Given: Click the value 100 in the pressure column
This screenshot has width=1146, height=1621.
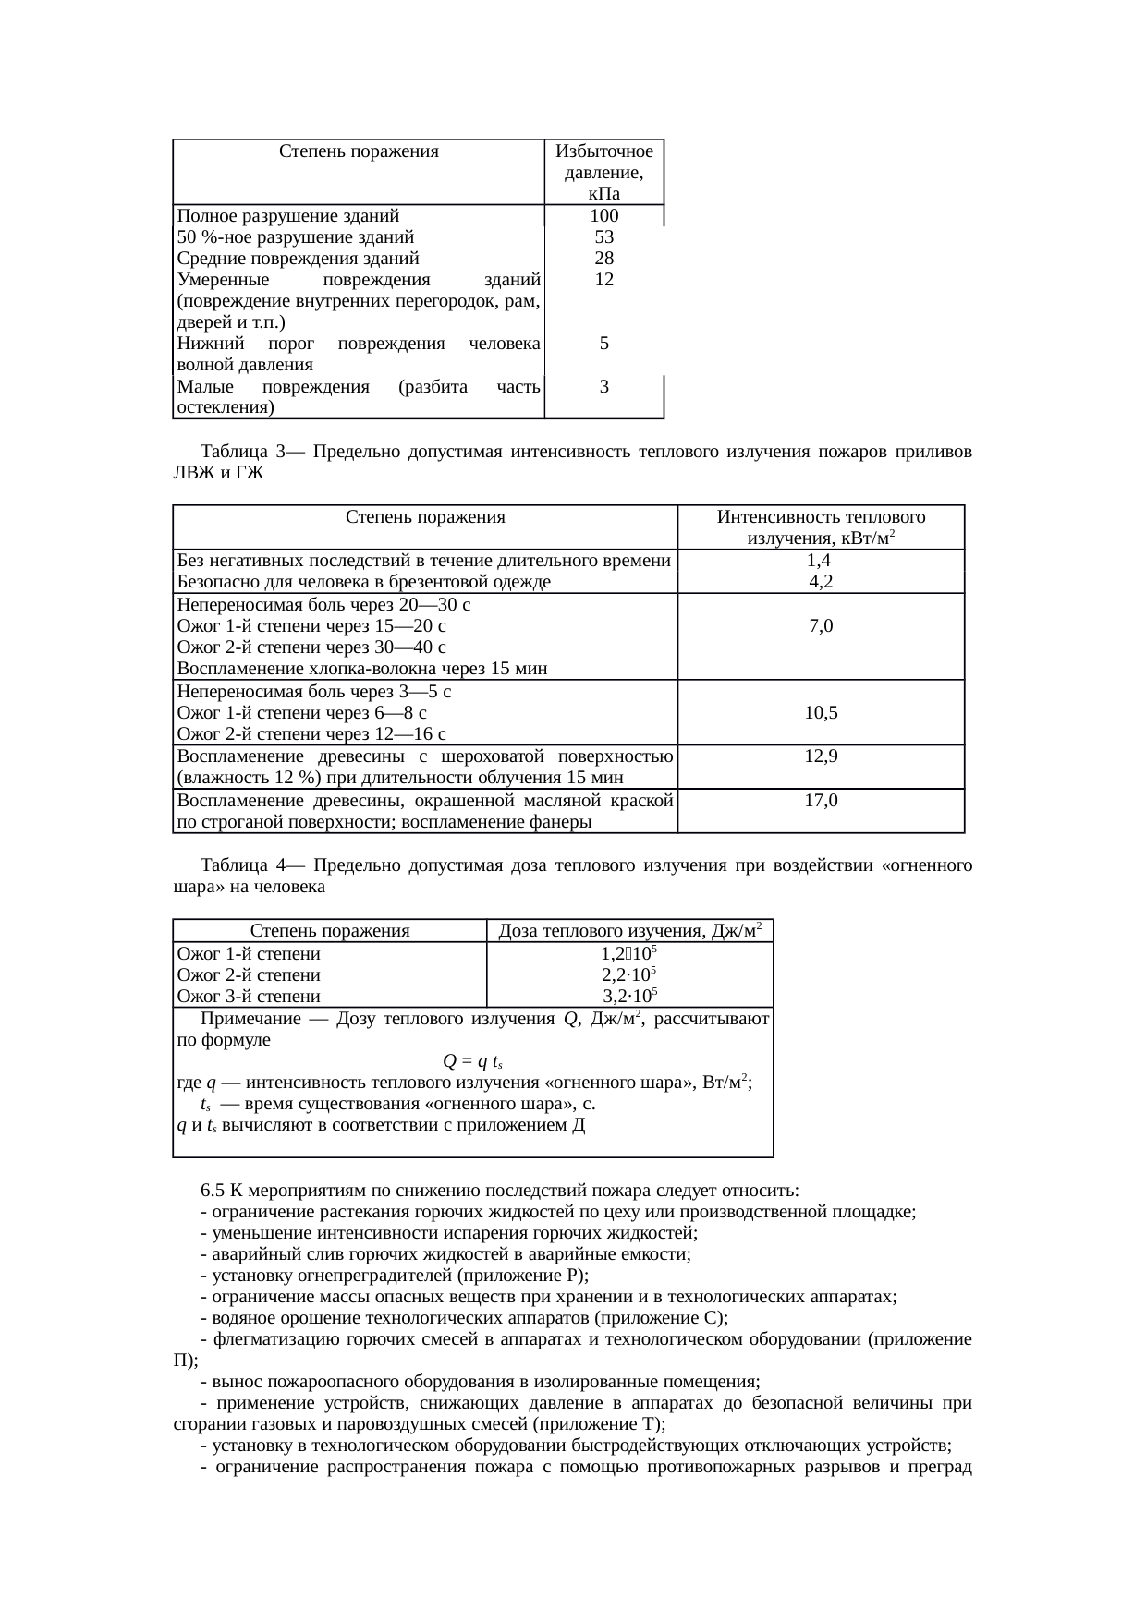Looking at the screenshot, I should tap(603, 216).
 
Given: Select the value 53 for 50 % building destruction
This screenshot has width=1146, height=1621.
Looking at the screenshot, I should tap(603, 237).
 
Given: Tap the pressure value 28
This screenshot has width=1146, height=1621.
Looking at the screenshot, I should tap(603, 259).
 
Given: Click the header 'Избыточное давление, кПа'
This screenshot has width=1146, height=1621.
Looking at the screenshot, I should tap(603, 172).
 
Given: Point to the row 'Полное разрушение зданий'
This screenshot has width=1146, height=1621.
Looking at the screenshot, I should tap(288, 216).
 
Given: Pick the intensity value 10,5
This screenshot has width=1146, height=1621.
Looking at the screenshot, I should tap(821, 712).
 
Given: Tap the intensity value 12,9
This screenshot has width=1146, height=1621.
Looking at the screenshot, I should tap(821, 756).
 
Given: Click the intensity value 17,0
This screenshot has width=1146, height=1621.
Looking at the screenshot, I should tap(821, 800).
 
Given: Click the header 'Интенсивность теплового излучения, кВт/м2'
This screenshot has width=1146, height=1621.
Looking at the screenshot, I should tap(821, 527).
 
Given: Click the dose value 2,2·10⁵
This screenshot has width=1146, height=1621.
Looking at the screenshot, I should tap(629, 974).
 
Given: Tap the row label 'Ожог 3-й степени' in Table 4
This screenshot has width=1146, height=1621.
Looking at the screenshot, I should tap(249, 997).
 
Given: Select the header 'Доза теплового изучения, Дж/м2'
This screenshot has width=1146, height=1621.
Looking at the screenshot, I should tap(629, 930).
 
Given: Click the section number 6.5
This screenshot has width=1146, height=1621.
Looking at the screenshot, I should tap(212, 1189).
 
